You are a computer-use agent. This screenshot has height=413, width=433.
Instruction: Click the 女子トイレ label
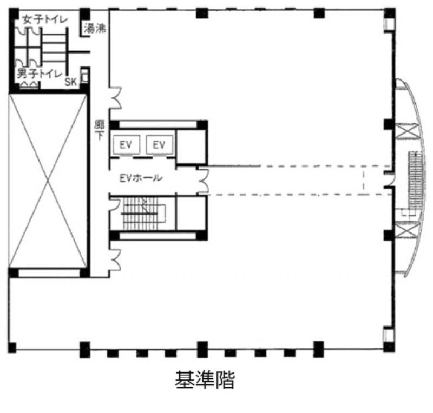click(x=45, y=19)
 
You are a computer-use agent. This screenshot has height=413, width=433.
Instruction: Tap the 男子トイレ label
click(x=40, y=74)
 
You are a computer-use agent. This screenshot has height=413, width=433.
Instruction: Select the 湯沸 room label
click(x=95, y=29)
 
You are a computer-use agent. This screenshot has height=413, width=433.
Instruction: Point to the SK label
click(x=70, y=82)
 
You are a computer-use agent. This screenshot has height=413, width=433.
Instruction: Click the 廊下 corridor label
click(x=100, y=130)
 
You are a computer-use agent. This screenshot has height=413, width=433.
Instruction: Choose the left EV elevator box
click(x=126, y=144)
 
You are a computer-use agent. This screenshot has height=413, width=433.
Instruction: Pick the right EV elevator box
click(x=160, y=144)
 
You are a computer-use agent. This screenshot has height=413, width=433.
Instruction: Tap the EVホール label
click(x=141, y=178)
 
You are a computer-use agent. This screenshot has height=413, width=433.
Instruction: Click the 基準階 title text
click(x=205, y=379)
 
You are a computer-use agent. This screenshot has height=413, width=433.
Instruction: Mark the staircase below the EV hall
click(x=143, y=214)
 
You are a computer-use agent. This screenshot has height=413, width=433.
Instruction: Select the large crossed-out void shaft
click(x=48, y=181)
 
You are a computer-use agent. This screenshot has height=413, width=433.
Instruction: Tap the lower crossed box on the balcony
click(x=406, y=230)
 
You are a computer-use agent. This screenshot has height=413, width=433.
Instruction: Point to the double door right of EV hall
click(x=204, y=181)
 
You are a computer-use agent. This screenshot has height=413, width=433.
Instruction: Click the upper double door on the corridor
click(x=115, y=98)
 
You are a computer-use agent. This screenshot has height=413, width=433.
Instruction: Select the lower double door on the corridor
click(x=115, y=260)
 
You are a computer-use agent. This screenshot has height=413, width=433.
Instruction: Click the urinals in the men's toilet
click(x=29, y=85)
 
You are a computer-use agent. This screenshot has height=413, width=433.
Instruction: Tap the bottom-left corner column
click(x=12, y=348)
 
